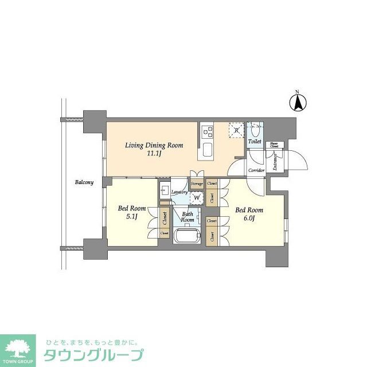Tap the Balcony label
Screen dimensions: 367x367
pyautogui.click(x=84, y=182)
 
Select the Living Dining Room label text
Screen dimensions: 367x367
pyautogui.click(x=154, y=145)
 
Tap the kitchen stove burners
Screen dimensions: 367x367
pyautogui.click(x=206, y=132)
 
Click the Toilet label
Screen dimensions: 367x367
pyautogui.click(x=255, y=141)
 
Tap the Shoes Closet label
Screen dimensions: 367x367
pyautogui.click(x=275, y=146)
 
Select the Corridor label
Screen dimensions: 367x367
pyautogui.click(x=256, y=170)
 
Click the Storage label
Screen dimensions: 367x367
pyautogui.click(x=197, y=183)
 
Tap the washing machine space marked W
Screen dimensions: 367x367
pyautogui.click(x=197, y=198)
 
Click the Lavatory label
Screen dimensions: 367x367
pyautogui.click(x=179, y=192)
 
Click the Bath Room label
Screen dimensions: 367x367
pyautogui.click(x=188, y=216)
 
